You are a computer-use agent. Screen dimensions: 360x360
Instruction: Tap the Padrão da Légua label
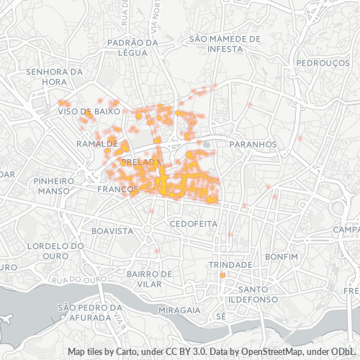click(x=132, y=48)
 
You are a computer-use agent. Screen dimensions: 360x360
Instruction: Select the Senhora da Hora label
click(x=55, y=77)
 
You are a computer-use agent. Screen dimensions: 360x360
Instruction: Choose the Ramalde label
click(x=96, y=144)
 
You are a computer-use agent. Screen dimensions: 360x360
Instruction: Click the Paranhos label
click(x=253, y=144)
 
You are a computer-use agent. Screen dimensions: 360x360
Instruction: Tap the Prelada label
click(x=141, y=163)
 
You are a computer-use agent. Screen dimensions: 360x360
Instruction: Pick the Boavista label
click(x=112, y=231)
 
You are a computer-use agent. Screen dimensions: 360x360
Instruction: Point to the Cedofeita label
click(x=193, y=224)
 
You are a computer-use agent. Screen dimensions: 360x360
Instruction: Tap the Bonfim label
click(x=281, y=256)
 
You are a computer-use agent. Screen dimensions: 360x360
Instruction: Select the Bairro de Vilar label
click(x=149, y=279)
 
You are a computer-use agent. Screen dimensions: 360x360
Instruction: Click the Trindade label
click(x=230, y=265)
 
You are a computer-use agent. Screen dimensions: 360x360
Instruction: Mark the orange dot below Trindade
click(x=222, y=276)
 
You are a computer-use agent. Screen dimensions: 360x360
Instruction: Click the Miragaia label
click(x=180, y=310)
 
